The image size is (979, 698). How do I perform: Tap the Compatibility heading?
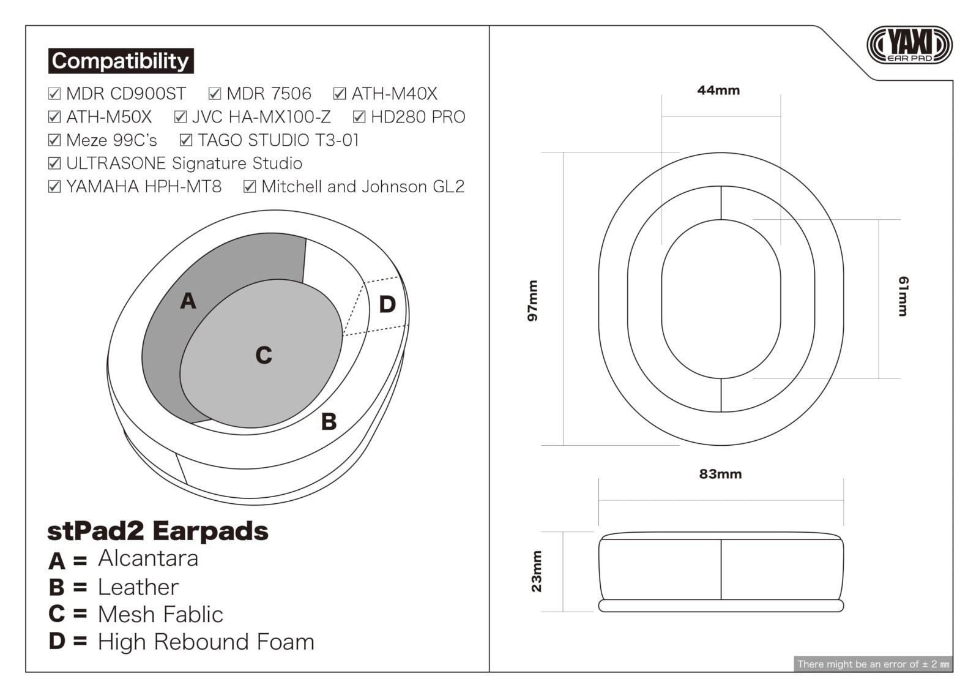pos(121,61)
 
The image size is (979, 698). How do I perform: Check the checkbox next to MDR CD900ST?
pos(54,94)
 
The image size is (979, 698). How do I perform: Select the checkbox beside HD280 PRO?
pos(359,117)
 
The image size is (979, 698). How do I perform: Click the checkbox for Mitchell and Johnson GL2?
pos(250,187)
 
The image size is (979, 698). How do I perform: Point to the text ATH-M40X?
pos(394,94)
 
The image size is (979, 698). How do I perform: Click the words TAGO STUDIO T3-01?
pos(278,140)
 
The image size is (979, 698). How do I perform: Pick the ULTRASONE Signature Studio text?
pos(184,163)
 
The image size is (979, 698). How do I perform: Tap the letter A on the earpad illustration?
pos(188,301)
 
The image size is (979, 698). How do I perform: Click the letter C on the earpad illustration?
pos(264,355)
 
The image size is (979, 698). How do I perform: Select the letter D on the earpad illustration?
pos(387,304)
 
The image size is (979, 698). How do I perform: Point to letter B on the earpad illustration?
pos(329,422)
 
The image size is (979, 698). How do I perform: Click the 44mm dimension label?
pos(718,91)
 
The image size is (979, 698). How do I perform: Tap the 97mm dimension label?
pos(533,301)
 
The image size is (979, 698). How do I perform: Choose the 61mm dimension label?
pos(903,296)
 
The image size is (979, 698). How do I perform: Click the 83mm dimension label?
pos(720,474)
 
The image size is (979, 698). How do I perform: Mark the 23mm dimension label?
pos(536,572)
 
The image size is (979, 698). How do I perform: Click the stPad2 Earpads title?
pos(158,531)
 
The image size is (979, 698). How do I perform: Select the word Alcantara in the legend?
pos(148,558)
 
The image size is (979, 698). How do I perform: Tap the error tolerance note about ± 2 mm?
pos(873,664)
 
